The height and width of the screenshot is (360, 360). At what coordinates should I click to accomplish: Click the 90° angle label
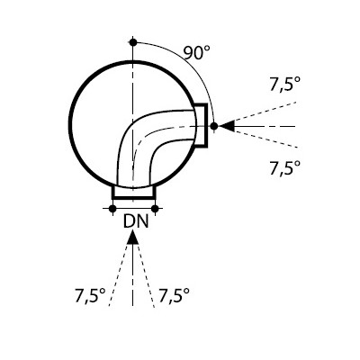[x=196, y=53]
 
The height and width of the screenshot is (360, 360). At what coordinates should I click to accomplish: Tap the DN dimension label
[x=136, y=222]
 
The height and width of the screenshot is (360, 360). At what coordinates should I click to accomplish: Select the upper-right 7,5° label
[x=285, y=85]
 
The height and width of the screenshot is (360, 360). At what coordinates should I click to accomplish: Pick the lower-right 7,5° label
[x=285, y=167]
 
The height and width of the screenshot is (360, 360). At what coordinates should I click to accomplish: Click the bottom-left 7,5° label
[x=90, y=296]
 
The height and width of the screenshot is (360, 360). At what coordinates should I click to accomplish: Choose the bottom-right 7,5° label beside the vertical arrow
[x=174, y=296]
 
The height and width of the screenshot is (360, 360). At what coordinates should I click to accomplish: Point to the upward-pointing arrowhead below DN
[x=132, y=238]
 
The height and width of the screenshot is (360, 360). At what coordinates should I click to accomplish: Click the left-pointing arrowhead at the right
[x=227, y=126]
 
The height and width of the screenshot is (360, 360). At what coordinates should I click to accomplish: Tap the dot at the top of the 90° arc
[x=133, y=42]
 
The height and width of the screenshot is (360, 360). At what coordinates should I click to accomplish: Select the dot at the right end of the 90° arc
[x=214, y=126]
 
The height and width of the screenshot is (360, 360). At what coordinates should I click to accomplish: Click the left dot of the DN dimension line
[x=112, y=209]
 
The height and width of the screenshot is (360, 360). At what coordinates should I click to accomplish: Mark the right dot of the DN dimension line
[x=155, y=209]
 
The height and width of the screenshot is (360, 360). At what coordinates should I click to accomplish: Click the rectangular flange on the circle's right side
[x=206, y=125]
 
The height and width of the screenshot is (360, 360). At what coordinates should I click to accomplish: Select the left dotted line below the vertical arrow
[x=119, y=274]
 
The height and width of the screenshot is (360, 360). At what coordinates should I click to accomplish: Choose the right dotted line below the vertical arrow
[x=146, y=274]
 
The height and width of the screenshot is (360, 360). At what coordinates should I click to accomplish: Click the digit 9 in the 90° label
[x=188, y=53]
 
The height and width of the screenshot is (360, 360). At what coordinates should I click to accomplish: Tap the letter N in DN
[x=143, y=222]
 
